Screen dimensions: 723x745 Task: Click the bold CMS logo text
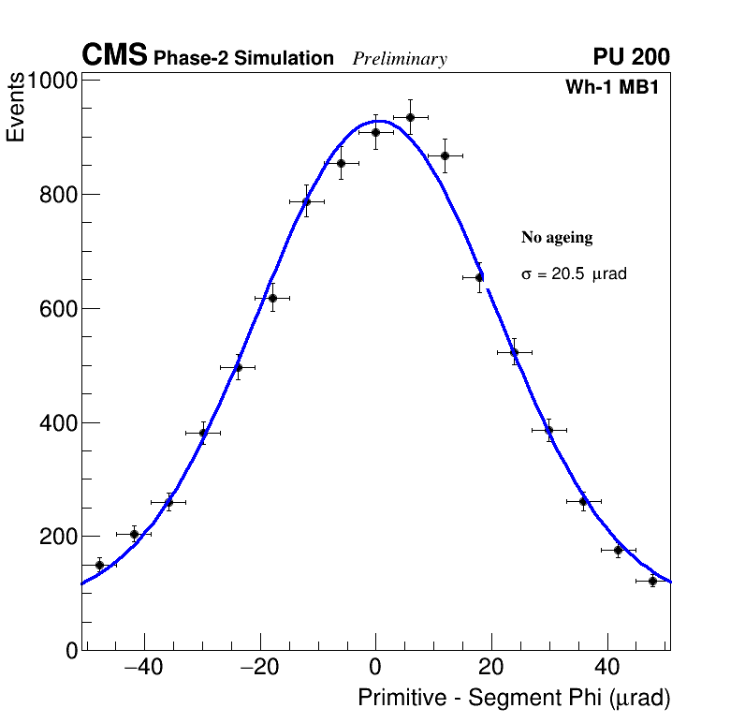pos(114,56)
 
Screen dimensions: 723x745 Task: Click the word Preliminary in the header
pos(400,59)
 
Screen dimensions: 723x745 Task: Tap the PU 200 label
pos(631,57)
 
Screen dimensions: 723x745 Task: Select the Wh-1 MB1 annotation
pos(617,88)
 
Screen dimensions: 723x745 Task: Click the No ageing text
pos(557,238)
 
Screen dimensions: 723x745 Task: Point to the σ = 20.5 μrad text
pos(574,274)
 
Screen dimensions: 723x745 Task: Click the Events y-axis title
pos(16,110)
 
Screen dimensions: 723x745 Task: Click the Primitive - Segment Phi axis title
pos(514,699)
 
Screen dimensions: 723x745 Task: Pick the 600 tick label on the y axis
pos(60,309)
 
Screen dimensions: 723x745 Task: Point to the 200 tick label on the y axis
pos(60,537)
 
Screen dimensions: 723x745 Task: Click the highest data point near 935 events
pos(410,117)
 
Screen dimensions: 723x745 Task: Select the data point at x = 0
pos(375,132)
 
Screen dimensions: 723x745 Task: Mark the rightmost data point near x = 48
pos(652,582)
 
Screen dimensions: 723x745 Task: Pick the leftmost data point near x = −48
pos(99,565)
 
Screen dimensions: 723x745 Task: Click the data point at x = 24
pos(514,352)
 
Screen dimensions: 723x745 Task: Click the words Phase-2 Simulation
pos(243,59)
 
